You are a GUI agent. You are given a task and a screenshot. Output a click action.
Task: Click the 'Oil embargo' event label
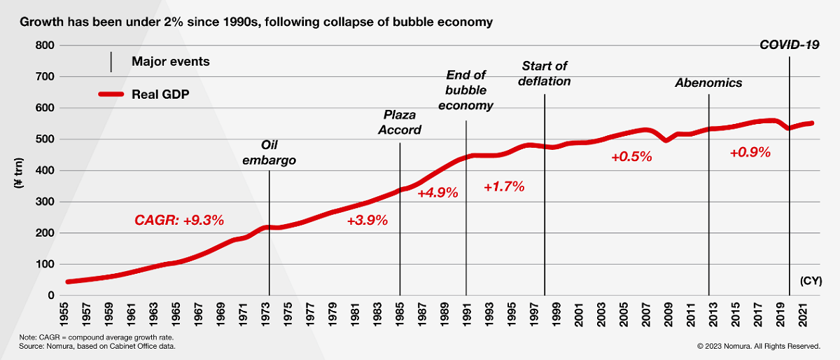269,153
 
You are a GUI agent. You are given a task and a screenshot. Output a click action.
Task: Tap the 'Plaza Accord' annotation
402,123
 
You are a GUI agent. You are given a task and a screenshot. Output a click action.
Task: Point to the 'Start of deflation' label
545,74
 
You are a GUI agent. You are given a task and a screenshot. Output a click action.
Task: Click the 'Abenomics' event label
708,83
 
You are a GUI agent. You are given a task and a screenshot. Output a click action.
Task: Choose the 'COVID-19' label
790,46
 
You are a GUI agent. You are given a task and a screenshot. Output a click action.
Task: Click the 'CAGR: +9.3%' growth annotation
179,221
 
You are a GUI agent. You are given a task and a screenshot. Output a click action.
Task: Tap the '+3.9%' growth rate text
367,221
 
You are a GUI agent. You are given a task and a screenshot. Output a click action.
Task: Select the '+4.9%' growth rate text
437,193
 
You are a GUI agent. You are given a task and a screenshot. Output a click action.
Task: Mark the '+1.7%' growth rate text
504,187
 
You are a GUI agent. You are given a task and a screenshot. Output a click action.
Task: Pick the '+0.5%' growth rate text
631,157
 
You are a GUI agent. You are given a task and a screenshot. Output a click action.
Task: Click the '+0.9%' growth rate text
750,152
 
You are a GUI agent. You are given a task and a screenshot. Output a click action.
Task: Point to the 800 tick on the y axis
45,46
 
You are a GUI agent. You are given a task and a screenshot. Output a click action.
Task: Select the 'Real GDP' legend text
160,94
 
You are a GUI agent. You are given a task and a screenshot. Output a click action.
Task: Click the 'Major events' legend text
171,62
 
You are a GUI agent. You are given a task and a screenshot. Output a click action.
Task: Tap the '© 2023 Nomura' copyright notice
758,346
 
